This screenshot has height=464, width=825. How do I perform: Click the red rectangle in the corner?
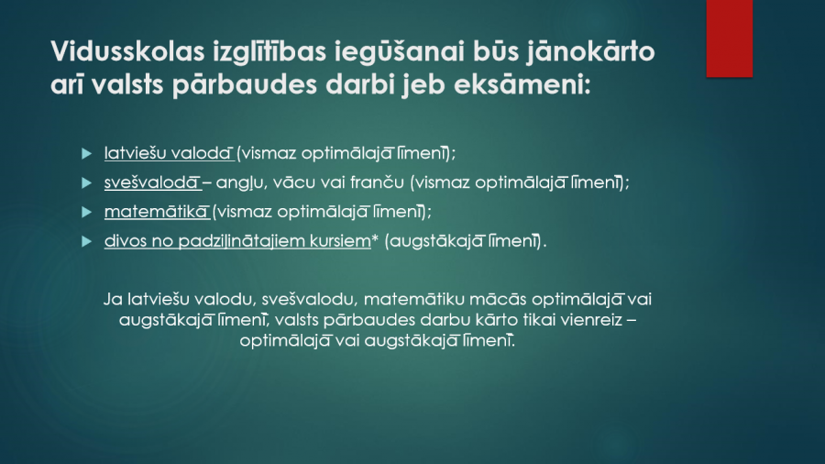[x=730, y=39]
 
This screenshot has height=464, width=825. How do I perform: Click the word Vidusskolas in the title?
[x=127, y=51]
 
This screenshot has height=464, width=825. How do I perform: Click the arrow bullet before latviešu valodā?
[x=87, y=154]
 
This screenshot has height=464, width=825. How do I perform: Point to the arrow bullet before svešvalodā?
[x=87, y=183]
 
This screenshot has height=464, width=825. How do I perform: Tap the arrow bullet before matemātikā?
[x=87, y=212]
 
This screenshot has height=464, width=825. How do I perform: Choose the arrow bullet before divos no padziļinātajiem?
[x=87, y=241]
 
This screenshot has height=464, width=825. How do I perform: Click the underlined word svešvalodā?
[x=152, y=182]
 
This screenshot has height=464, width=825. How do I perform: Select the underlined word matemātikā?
[x=156, y=212]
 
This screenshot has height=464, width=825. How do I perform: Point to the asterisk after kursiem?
[x=375, y=238]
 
